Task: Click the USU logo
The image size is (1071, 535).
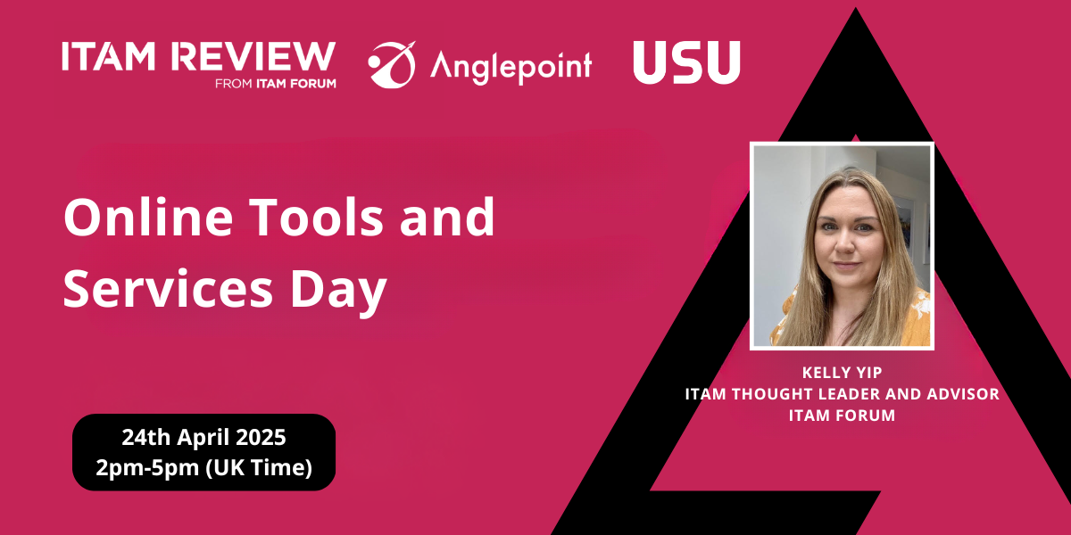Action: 686,62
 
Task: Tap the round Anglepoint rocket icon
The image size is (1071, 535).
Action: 392,65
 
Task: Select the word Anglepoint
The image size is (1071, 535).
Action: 511,68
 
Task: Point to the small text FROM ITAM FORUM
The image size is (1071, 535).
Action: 276,84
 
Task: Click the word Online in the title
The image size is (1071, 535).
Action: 148,218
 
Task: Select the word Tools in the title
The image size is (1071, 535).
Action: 316,218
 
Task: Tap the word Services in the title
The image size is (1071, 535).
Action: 168,289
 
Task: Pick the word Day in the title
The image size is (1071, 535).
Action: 338,292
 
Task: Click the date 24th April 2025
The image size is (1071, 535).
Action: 203,437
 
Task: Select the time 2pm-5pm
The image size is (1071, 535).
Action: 147,467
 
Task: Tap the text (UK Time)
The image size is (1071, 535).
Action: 259,467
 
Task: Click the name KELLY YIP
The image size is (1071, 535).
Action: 842,373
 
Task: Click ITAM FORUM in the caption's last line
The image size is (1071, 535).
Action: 842,416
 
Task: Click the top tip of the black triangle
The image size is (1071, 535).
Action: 856,8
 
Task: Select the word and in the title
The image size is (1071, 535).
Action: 447,218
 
